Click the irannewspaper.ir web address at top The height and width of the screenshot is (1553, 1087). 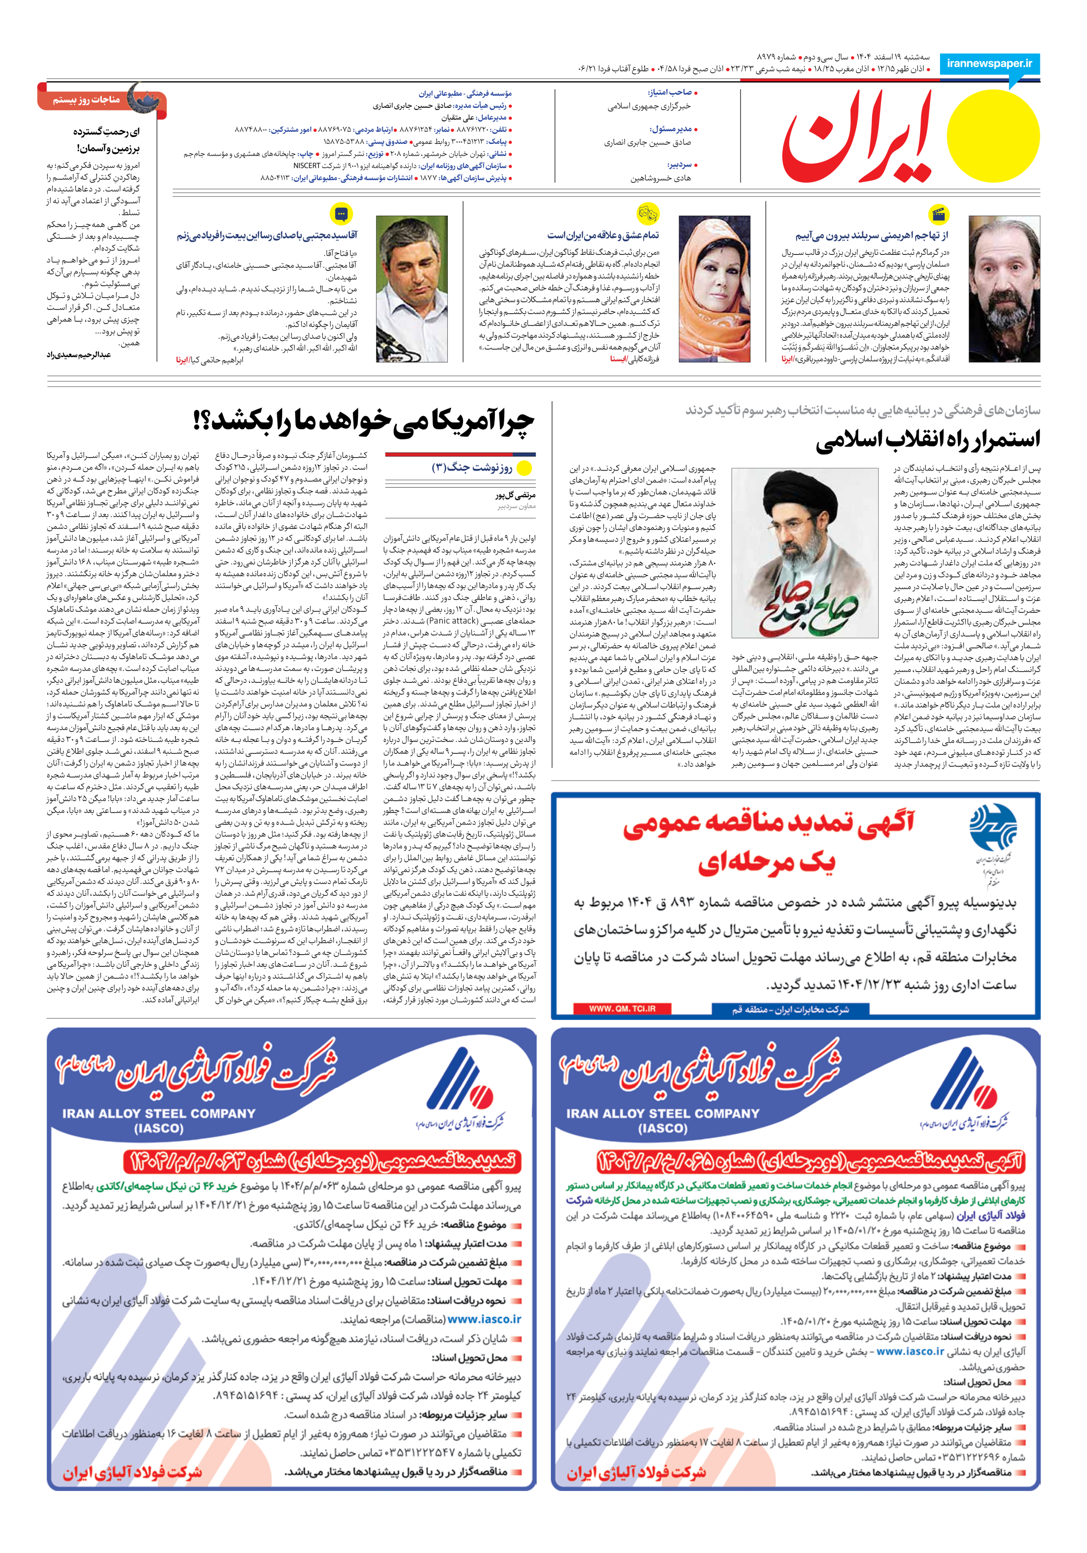click(989, 63)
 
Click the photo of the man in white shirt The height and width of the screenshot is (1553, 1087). click(412, 289)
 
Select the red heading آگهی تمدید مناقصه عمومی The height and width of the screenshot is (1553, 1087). click(768, 825)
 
